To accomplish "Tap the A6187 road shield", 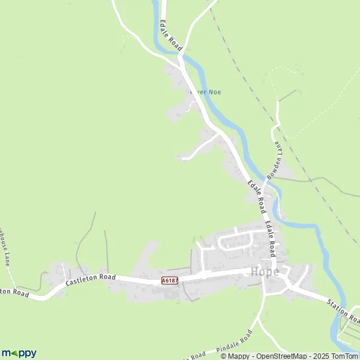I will click(x=169, y=280).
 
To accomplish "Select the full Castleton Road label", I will click(x=90, y=279).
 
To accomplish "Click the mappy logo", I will click(x=19, y=353).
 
